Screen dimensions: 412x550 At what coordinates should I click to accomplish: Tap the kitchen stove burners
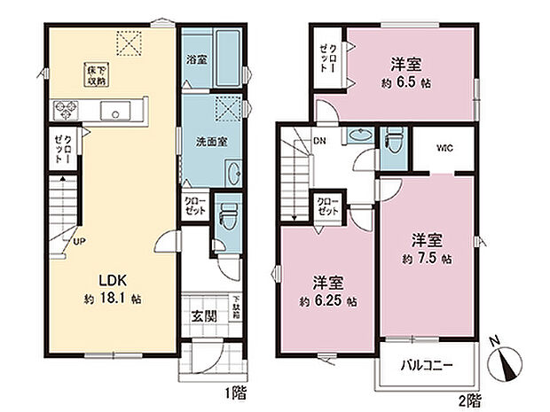click(x=67, y=111)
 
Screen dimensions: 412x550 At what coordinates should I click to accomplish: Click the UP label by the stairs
click(x=79, y=240)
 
